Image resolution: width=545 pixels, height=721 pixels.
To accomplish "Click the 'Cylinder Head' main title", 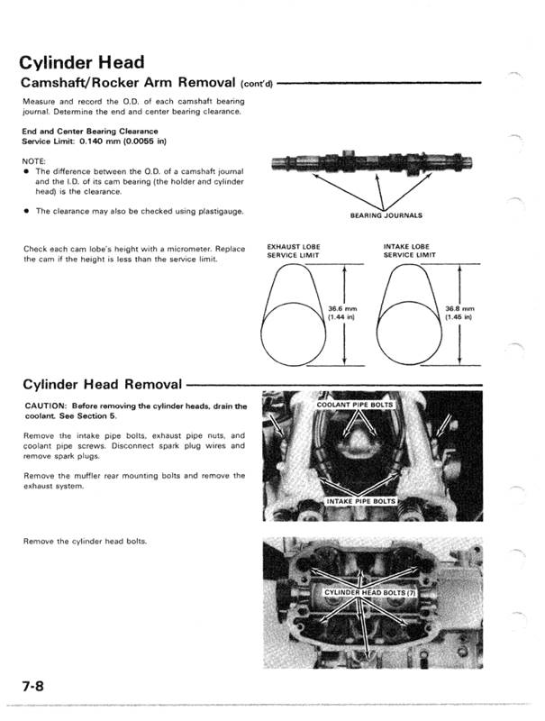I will (x=82, y=63).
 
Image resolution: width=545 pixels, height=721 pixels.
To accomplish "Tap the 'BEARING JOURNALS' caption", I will (x=385, y=215).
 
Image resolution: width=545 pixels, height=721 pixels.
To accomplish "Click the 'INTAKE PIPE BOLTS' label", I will (x=359, y=499).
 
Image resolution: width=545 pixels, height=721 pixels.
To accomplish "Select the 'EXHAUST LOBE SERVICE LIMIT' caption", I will (x=294, y=250).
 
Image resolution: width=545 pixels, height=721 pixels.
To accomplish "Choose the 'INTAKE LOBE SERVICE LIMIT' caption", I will (x=410, y=250).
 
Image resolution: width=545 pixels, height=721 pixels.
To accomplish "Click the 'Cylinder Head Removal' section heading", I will (x=102, y=385).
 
